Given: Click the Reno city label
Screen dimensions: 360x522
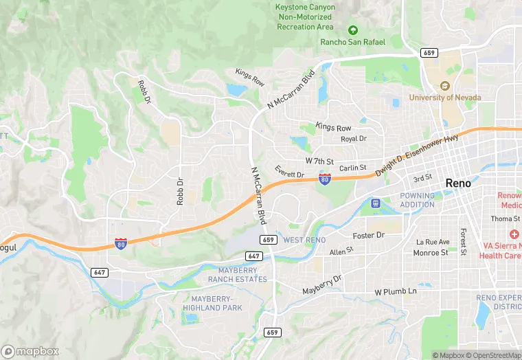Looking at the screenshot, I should tap(459, 183).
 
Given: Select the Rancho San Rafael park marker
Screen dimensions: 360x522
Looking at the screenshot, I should tap(353, 30).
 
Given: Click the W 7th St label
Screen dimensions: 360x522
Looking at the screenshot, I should tap(319, 161).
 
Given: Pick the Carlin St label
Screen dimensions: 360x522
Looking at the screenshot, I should tap(352, 168).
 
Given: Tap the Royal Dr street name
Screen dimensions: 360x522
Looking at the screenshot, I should tap(354, 138).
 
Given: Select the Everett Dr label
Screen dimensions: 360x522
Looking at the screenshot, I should tap(289, 175).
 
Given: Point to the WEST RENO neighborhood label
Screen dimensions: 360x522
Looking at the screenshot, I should tap(304, 240).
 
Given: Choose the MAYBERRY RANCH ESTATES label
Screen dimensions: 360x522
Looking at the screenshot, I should tap(238, 275).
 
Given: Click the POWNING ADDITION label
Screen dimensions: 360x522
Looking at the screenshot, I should tap(417, 200).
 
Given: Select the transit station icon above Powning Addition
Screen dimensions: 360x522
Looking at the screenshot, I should tap(376, 203).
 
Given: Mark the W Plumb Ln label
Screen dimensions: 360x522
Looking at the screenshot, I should tap(396, 292).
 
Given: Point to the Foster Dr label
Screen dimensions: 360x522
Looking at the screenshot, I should tap(368, 236).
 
